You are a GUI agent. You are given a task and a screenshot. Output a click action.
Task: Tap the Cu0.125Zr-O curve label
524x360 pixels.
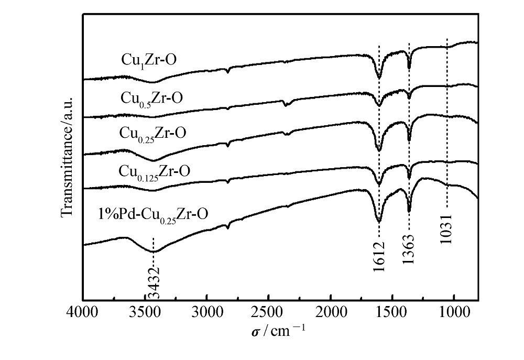click(x=155, y=171)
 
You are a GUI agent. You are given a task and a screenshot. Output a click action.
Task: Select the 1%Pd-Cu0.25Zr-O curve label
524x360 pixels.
click(x=152, y=214)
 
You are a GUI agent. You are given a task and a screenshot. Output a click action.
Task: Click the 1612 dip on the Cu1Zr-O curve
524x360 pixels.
click(x=379, y=78)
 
